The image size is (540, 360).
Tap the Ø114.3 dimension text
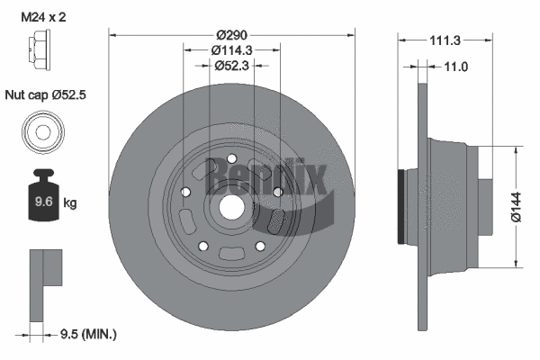tap(230, 49)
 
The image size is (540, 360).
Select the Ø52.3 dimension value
tap(230, 66)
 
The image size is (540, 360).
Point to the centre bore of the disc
tap(230, 206)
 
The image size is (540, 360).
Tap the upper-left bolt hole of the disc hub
tap(184, 191)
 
